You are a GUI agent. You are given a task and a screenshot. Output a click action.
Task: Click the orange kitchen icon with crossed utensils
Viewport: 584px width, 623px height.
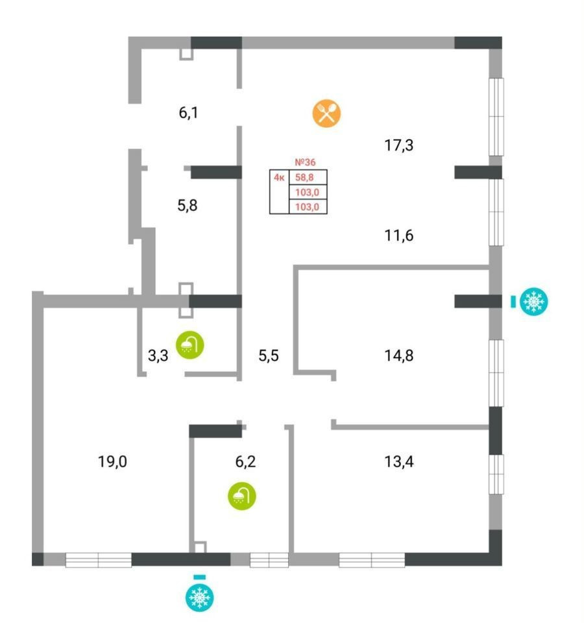[x=326, y=112]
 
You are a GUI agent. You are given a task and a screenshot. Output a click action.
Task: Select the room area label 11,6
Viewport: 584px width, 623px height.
[x=399, y=235]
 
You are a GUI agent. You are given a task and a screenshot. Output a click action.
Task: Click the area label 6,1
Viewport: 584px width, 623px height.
[x=188, y=113]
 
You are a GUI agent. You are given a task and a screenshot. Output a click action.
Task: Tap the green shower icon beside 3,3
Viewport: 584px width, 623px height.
[x=190, y=343]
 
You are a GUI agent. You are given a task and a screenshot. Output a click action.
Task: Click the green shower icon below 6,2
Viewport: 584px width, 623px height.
[x=241, y=496]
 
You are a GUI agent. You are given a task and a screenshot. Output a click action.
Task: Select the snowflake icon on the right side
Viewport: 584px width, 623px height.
[x=534, y=301]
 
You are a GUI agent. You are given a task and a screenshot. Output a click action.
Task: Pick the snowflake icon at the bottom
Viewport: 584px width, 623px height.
[x=200, y=597]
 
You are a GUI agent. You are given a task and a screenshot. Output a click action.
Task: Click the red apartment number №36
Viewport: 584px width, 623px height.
[x=305, y=162]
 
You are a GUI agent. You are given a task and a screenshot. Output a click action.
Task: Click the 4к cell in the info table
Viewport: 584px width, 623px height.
[x=278, y=177]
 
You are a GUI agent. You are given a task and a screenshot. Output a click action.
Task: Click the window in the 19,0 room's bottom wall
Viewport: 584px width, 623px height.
[x=99, y=559]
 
